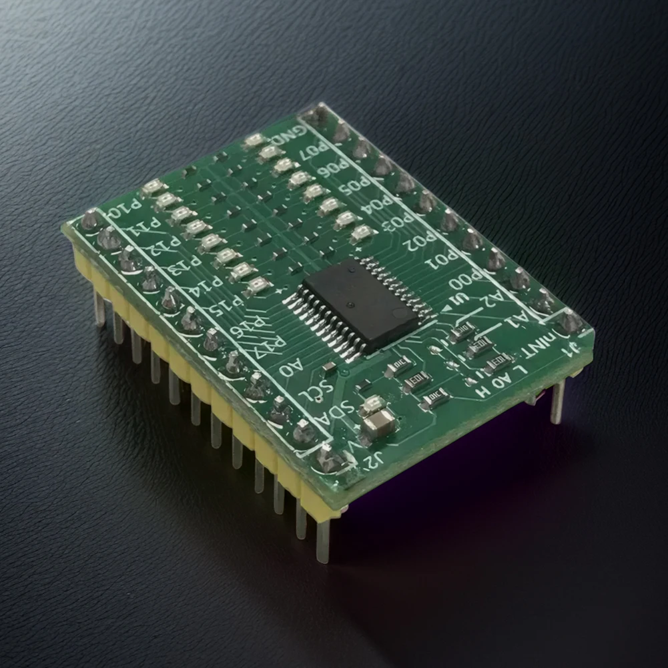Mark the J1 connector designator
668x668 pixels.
572,349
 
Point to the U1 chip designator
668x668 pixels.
459,302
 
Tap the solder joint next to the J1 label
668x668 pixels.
569,322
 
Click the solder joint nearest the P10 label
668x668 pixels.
91,220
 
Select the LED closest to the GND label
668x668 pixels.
254,140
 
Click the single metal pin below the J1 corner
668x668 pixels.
557,401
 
